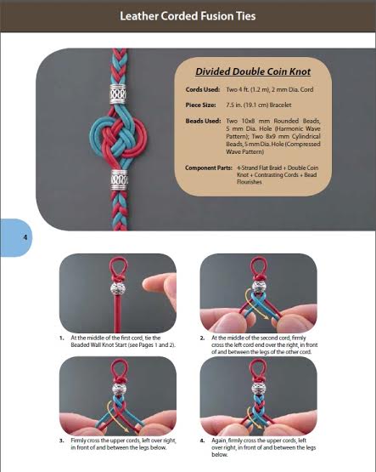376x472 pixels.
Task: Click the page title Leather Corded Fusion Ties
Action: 188,16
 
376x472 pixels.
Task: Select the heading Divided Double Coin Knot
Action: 253,71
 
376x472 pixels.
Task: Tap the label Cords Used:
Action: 203,89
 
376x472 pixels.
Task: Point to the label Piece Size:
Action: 200,105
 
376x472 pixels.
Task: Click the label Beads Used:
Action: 203,121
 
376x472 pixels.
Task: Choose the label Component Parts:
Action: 209,168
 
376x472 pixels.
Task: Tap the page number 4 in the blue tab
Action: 25,237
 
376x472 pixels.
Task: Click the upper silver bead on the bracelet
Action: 118,94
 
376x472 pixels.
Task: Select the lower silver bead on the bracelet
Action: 120,179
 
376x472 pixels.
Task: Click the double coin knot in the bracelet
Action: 119,137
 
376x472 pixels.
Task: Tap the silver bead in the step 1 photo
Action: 118,288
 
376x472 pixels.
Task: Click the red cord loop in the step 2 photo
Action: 259,266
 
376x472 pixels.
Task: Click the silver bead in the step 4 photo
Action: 257,389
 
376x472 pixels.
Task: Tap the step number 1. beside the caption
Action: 62,338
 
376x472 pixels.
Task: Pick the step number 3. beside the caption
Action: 62,441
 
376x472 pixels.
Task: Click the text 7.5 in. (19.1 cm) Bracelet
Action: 259,105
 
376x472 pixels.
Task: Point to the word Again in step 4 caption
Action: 219,441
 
